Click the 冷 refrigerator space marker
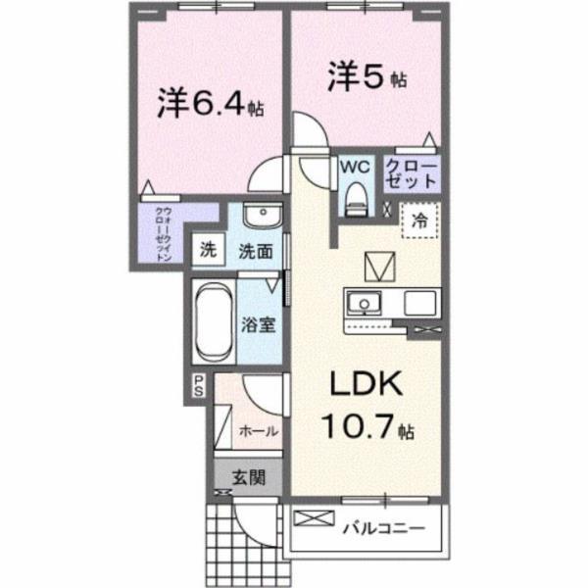coord(419,221)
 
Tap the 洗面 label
coord(256,250)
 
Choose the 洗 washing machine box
coord(208,249)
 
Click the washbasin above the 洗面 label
coord(260,217)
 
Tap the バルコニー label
coord(383,529)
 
